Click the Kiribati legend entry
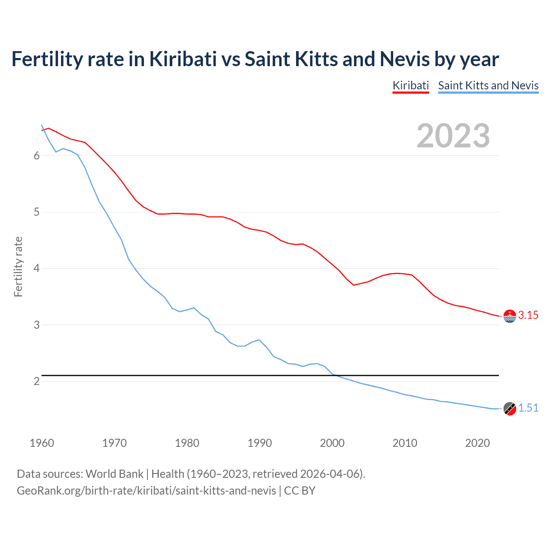pyautogui.click(x=411, y=86)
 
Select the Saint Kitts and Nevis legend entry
pyautogui.click(x=488, y=86)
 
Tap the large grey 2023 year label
pyautogui.click(x=453, y=136)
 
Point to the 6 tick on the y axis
pyautogui.click(x=37, y=156)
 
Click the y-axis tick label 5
pyautogui.click(x=37, y=212)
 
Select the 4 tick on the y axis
pyautogui.click(x=37, y=269)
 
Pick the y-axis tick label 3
pyautogui.click(x=37, y=325)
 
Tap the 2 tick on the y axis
pyautogui.click(x=37, y=382)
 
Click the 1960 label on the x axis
pyautogui.click(x=42, y=443)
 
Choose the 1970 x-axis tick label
pyautogui.click(x=114, y=443)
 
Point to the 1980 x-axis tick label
pyautogui.click(x=187, y=443)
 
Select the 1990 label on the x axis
pyautogui.click(x=260, y=443)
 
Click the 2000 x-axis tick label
pyautogui.click(x=332, y=443)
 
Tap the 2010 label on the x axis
pyautogui.click(x=405, y=443)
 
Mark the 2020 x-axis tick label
pyautogui.click(x=477, y=443)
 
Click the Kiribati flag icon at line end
pyautogui.click(x=510, y=316)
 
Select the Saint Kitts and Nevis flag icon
pyautogui.click(x=510, y=409)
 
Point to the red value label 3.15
pyautogui.click(x=528, y=315)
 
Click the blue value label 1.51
pyautogui.click(x=528, y=408)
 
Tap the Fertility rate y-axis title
pyautogui.click(x=18, y=266)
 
